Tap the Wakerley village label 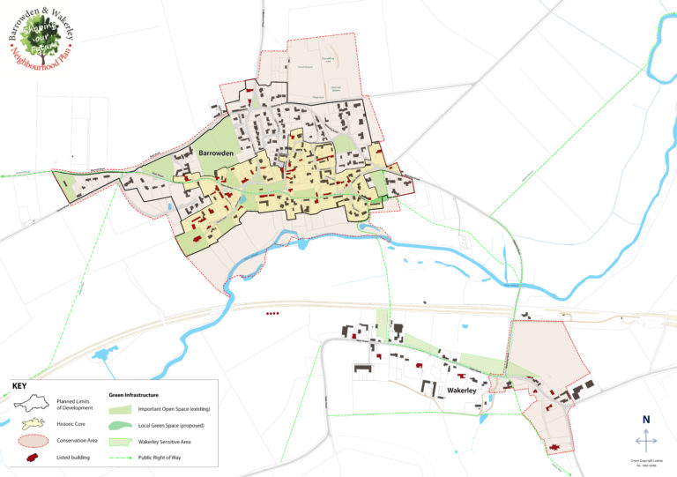click(x=463, y=389)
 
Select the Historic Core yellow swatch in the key click(x=32, y=424)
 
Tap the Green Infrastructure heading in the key click(x=139, y=394)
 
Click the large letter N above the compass click(x=646, y=420)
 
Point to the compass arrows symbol click(x=646, y=439)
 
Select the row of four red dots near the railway click(x=272, y=313)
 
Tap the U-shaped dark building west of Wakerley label click(x=432, y=389)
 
